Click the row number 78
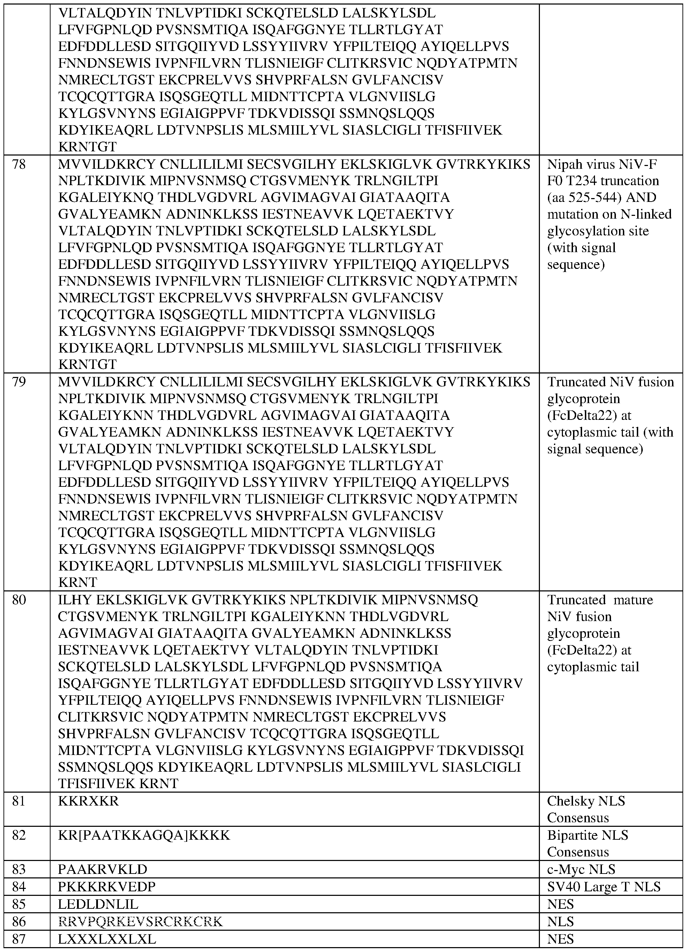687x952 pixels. pos(19,164)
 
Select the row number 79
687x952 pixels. pos(19,382)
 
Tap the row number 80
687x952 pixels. pos(19,600)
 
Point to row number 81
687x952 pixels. pos(19,801)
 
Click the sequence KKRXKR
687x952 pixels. pos(88,801)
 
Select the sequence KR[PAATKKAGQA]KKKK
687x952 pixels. pos(144,835)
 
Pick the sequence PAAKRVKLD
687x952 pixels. pos(102,869)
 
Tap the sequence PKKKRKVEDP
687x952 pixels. pos(107,886)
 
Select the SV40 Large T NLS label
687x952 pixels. pos(603,886)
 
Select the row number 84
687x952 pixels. pos(19,886)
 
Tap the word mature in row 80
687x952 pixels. pos(633,600)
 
